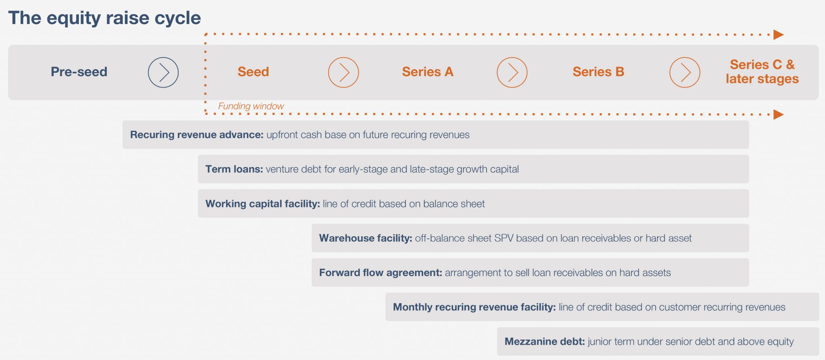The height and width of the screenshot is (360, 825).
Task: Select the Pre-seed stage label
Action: [x=79, y=72]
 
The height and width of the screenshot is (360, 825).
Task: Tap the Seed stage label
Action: [x=253, y=72]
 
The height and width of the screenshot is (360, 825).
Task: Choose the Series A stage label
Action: [x=427, y=72]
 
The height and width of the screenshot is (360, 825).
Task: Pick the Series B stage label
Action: [x=598, y=72]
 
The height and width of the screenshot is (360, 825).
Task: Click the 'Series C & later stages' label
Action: [x=762, y=72]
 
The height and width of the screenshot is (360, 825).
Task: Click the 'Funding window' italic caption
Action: [x=251, y=106]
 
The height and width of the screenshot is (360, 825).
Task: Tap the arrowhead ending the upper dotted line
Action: [x=779, y=35]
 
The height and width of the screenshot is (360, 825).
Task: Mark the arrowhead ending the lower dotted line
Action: [x=779, y=115]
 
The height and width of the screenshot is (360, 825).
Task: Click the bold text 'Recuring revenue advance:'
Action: [x=197, y=134]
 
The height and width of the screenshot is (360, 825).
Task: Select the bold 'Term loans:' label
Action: [x=234, y=169]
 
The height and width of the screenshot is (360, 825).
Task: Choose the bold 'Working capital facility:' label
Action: [x=263, y=204]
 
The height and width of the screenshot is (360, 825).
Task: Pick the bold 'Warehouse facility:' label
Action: [x=365, y=238]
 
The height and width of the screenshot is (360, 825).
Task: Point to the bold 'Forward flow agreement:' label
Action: [x=381, y=273]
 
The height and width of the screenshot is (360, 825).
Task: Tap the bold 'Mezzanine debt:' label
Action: [x=545, y=341]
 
